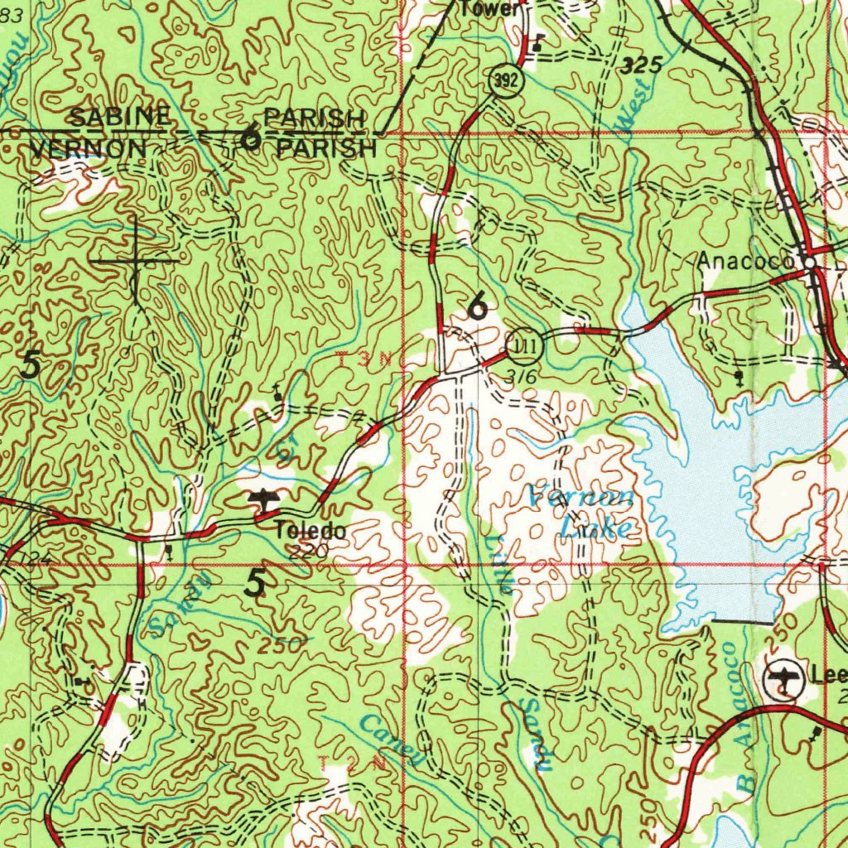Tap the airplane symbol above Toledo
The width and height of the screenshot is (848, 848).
(x=263, y=499)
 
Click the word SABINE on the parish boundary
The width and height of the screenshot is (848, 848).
(x=119, y=117)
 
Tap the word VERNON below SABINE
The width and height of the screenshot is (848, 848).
(x=88, y=149)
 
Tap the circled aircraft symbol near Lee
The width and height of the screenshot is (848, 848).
(x=783, y=680)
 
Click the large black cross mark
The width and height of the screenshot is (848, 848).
(x=134, y=260)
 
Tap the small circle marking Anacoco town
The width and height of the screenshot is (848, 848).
(x=810, y=262)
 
